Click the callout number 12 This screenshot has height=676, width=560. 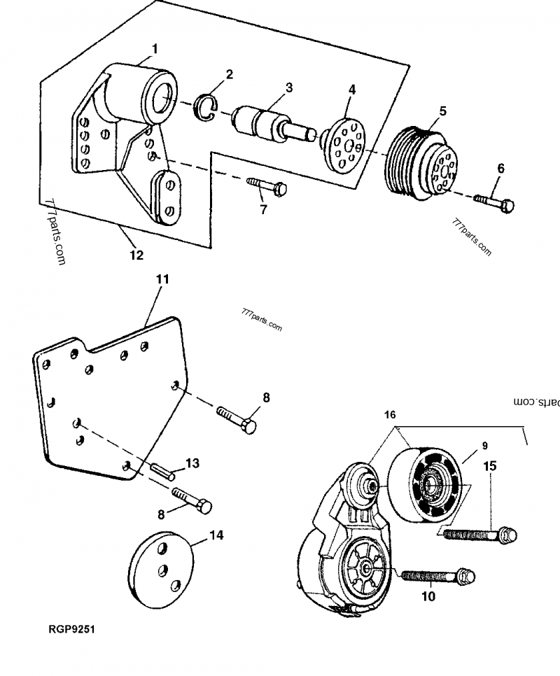click(x=136, y=255)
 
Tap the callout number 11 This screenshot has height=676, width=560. click(x=162, y=279)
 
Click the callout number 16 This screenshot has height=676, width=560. click(x=391, y=414)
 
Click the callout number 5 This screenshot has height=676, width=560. click(x=442, y=111)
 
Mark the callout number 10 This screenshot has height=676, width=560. click(x=428, y=596)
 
